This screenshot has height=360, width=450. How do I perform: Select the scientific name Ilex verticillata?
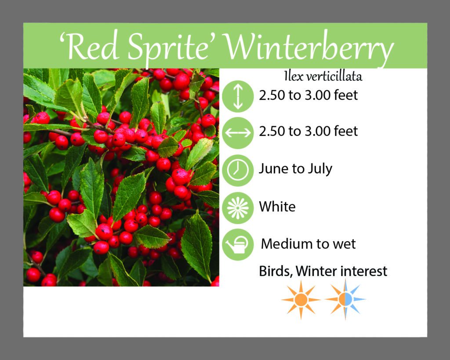323,76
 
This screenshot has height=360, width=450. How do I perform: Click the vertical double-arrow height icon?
238,96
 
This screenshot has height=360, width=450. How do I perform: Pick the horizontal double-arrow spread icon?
238,133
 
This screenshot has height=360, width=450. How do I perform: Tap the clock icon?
238,171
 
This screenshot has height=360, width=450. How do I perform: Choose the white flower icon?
238,208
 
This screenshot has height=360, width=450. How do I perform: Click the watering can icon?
238,244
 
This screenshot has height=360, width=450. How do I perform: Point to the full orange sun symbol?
301,299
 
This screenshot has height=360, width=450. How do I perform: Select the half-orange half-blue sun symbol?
345,299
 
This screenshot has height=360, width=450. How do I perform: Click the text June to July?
296,169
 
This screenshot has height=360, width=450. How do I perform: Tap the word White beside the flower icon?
277,207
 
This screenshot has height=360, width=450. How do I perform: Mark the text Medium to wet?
308,244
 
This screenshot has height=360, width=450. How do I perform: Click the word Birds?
276,271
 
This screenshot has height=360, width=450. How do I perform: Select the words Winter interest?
341,271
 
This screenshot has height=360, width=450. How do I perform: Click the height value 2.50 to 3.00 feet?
308,95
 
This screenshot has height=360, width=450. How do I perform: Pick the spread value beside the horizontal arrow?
308,131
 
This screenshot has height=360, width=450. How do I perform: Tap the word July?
320,169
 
